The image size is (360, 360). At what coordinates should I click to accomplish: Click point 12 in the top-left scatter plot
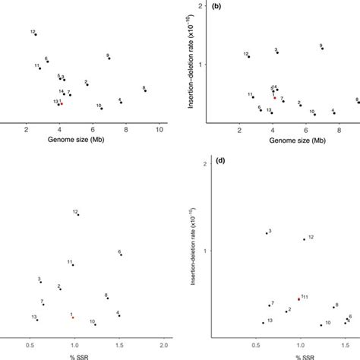(36, 34)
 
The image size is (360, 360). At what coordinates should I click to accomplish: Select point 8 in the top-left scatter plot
(145, 91)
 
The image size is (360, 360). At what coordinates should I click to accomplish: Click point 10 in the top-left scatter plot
(102, 109)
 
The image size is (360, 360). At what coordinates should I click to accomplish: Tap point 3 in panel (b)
(277, 52)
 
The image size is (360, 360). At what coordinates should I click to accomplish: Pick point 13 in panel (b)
(271, 112)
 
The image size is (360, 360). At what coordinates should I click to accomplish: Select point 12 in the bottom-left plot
(78, 215)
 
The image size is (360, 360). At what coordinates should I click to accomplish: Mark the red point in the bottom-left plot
(73, 317)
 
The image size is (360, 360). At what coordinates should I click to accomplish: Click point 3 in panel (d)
(266, 233)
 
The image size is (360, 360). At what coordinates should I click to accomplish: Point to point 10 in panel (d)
(321, 324)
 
